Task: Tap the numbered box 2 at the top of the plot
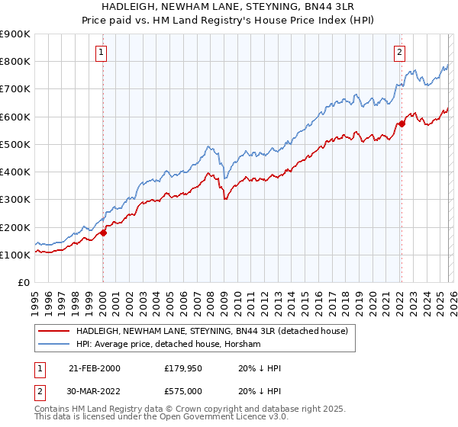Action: pyautogui.click(x=399, y=53)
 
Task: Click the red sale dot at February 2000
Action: pyautogui.click(x=103, y=233)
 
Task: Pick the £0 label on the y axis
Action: pyautogui.click(x=23, y=283)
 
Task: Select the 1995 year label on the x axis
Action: pyautogui.click(x=35, y=300)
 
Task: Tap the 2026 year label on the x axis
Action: pyautogui.click(x=450, y=300)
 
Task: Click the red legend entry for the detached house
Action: pyautogui.click(x=212, y=331)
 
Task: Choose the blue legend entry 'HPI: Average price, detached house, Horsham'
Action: pyautogui.click(x=169, y=344)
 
